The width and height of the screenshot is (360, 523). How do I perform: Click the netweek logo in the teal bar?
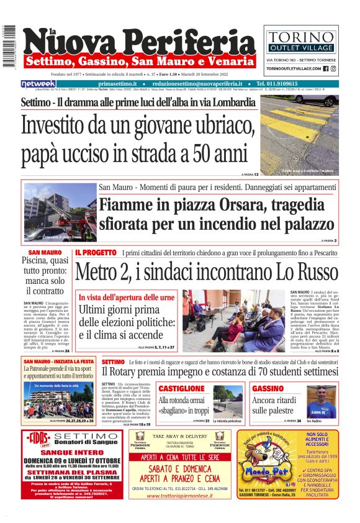point(38,83)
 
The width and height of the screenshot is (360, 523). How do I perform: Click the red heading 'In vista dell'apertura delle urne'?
point(126,298)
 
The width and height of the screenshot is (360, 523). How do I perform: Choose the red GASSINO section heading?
point(268,388)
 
